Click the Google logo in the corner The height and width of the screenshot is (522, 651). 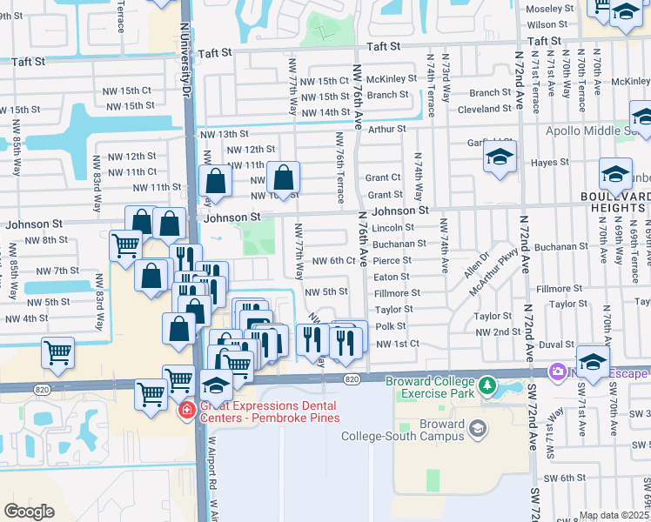click(30, 512)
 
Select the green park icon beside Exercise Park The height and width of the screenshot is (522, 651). click(488, 384)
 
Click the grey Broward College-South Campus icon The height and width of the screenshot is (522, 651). click(477, 428)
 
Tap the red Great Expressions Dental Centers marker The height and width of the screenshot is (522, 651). click(185, 410)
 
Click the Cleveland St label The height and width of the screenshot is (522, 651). click(485, 109)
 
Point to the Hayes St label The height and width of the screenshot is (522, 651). click(549, 162)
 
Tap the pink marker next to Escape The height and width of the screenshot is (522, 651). click(556, 372)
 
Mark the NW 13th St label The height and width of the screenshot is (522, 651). click(225, 134)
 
